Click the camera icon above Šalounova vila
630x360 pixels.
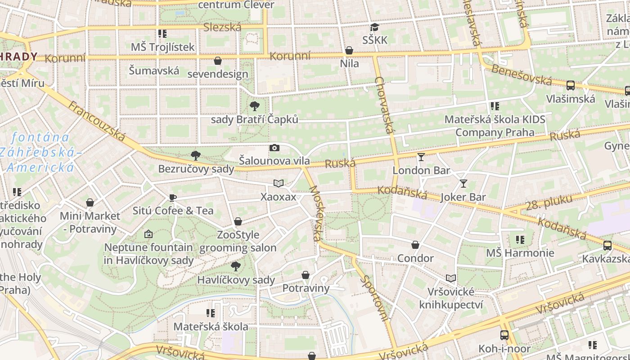274,148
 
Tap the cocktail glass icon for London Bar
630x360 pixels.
421,157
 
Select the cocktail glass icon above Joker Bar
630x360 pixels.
463,184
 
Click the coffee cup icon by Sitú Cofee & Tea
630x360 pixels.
172,198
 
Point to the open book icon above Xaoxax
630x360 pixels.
279,184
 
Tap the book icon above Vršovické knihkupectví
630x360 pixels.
451,279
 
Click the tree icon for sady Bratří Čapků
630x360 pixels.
255,106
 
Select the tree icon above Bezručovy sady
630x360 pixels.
196,156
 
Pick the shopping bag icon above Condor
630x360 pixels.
415,245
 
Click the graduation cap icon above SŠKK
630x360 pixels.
374,27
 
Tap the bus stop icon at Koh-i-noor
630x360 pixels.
504,335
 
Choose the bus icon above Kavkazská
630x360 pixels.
607,246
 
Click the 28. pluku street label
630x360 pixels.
549,202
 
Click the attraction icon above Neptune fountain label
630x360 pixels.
148,234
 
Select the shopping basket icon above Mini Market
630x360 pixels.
90,202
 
